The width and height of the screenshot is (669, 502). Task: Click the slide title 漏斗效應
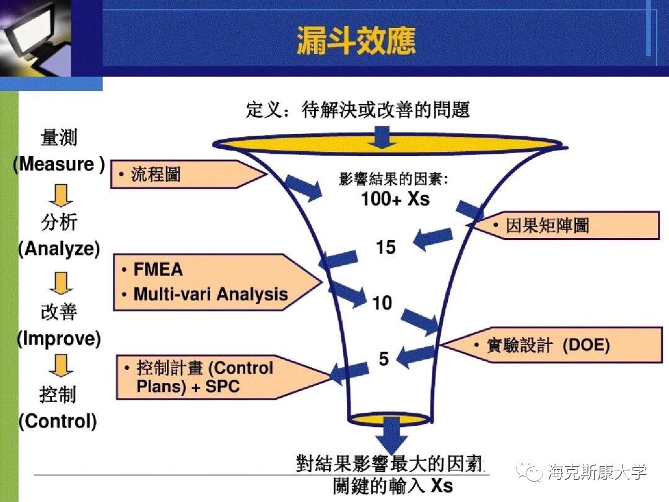pyautogui.click(x=356, y=41)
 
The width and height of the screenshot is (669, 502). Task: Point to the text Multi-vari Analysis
pyautogui.click(x=211, y=294)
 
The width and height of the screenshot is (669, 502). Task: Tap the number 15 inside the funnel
pyautogui.click(x=385, y=248)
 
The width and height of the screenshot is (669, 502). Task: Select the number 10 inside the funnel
pyautogui.click(x=382, y=303)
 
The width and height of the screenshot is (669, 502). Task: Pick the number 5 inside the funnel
pyautogui.click(x=384, y=359)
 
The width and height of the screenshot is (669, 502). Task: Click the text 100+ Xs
pyautogui.click(x=395, y=199)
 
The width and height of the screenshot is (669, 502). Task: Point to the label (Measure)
pyautogui.click(x=59, y=165)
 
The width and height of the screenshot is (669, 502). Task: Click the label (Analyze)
pyautogui.click(x=59, y=249)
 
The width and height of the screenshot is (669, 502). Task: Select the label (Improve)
pyautogui.click(x=59, y=339)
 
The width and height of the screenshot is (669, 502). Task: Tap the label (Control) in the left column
pyautogui.click(x=58, y=422)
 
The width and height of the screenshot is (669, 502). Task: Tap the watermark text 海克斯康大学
pyautogui.click(x=597, y=472)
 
